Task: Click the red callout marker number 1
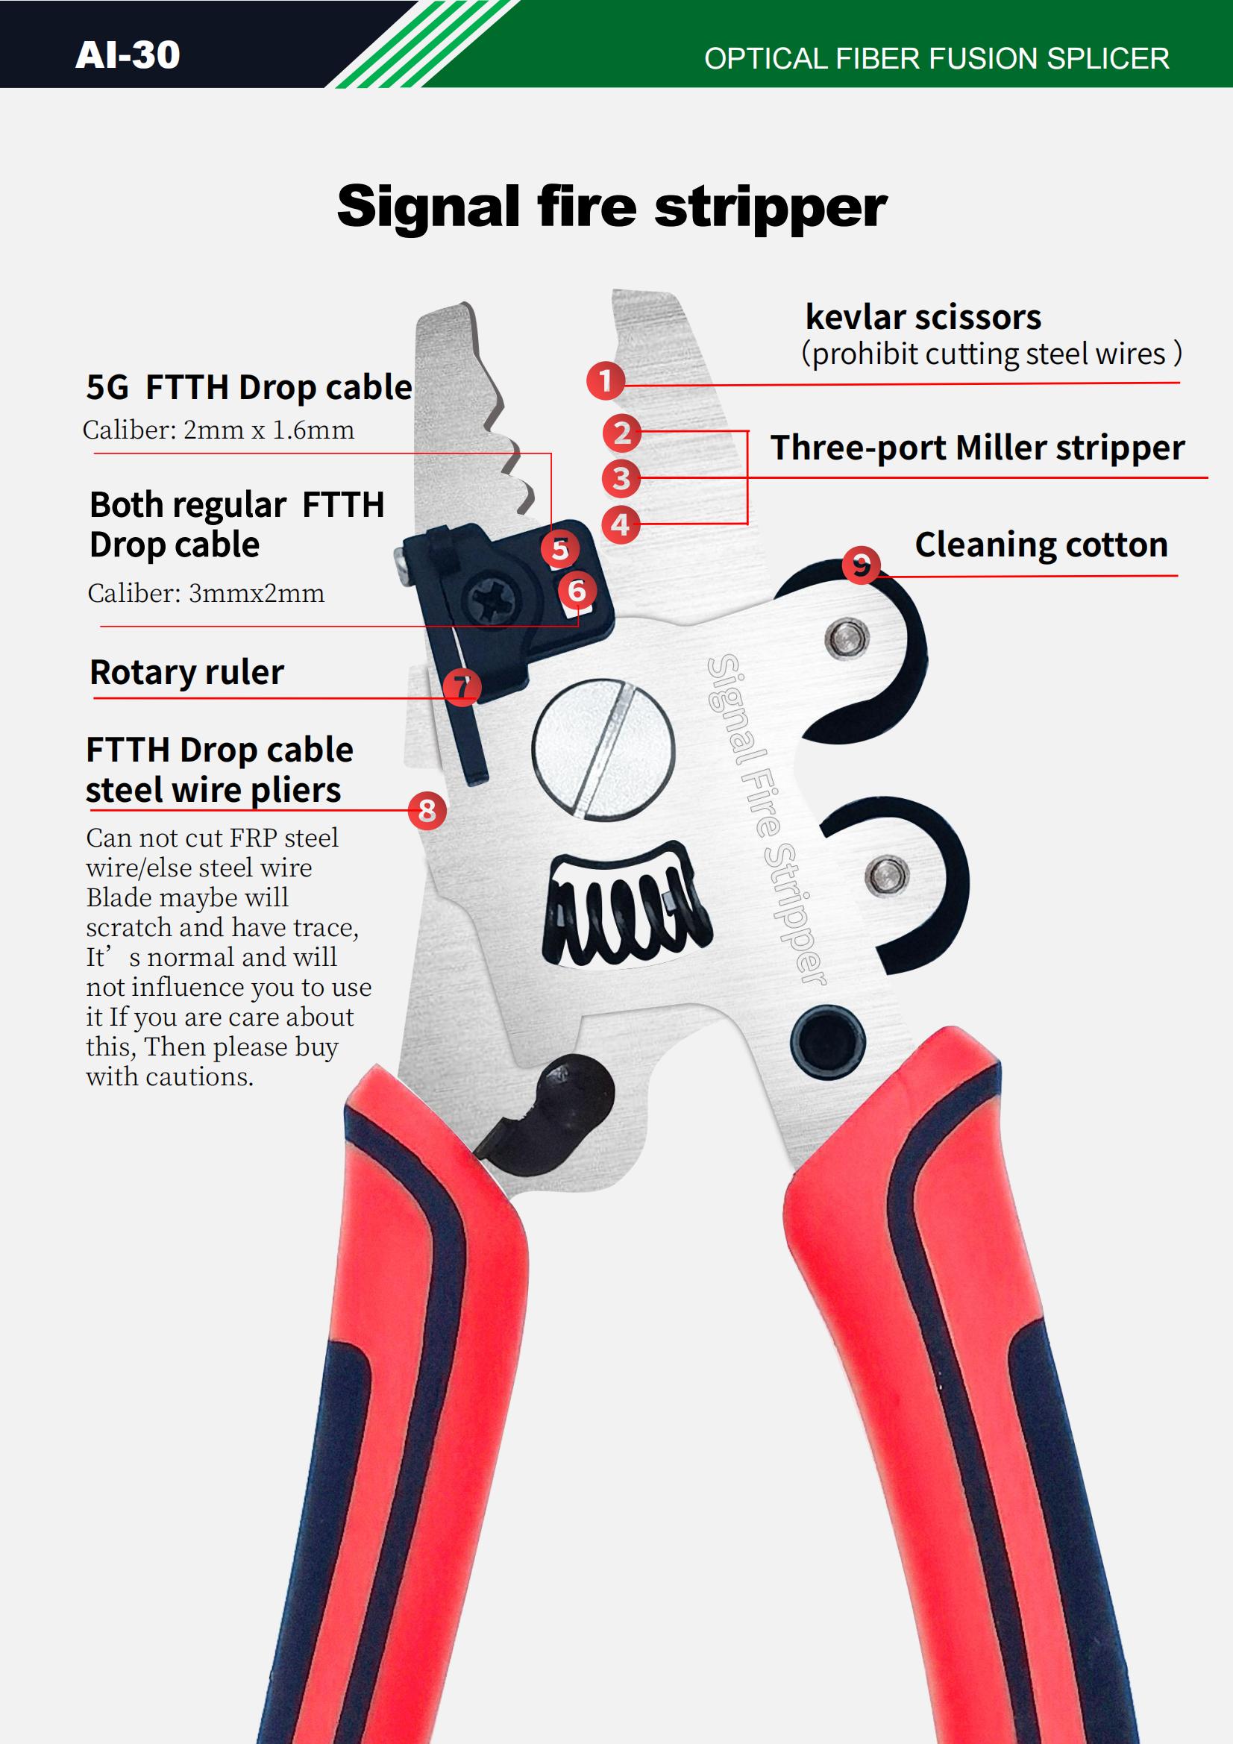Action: (605, 380)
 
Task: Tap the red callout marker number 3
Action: (621, 479)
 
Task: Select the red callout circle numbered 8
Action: (427, 811)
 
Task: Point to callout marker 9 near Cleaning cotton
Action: (861, 565)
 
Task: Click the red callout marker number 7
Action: (462, 687)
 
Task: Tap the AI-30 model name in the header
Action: (128, 54)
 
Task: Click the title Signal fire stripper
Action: (612, 207)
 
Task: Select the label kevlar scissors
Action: (922, 318)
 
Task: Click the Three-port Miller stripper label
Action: (977, 448)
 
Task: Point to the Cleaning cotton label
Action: (1041, 545)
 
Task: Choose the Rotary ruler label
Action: (187, 672)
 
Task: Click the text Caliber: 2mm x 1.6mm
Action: (218, 430)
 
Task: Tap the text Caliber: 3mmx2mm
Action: (206, 592)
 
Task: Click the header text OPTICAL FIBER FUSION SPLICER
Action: (936, 59)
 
